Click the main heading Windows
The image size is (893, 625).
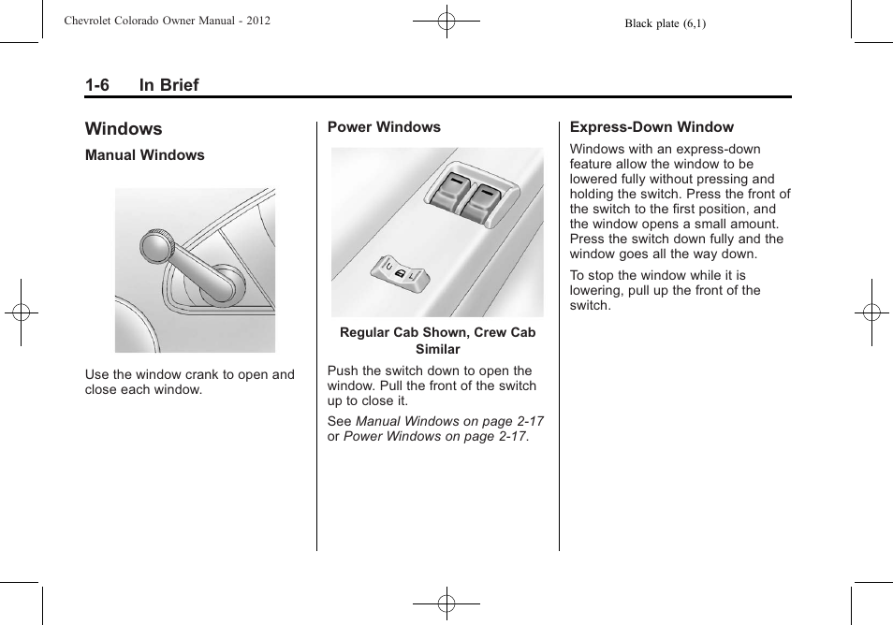(x=123, y=129)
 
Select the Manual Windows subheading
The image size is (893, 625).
(x=144, y=155)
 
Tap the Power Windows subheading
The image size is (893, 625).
(x=384, y=127)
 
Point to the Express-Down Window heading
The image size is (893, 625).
(x=651, y=127)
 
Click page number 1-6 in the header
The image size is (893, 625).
(x=97, y=85)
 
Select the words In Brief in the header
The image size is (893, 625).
(x=168, y=85)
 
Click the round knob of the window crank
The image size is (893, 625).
(x=156, y=247)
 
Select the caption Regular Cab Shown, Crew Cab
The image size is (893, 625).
(x=437, y=332)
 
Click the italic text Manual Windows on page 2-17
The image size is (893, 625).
(x=449, y=422)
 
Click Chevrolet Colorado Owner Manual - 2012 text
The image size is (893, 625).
(x=168, y=20)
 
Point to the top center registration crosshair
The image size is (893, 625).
(x=446, y=20)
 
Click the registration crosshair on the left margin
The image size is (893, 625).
(x=20, y=312)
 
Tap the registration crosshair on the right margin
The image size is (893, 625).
(x=871, y=312)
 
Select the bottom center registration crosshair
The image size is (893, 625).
(x=446, y=604)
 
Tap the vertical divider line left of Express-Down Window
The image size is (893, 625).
(x=560, y=337)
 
